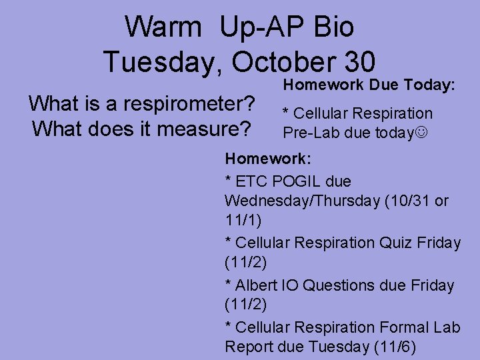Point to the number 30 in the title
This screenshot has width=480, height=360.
tap(353, 62)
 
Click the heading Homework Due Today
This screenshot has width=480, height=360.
tap(369, 85)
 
